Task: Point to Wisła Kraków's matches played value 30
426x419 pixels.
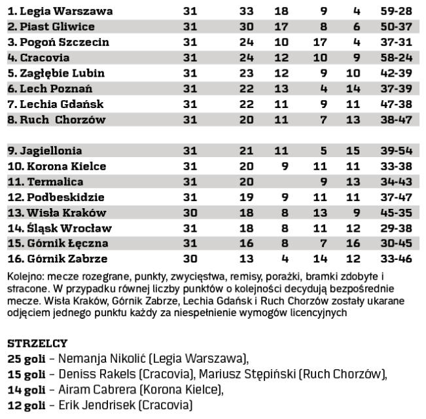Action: coord(190,213)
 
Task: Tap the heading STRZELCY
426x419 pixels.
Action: coord(38,342)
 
